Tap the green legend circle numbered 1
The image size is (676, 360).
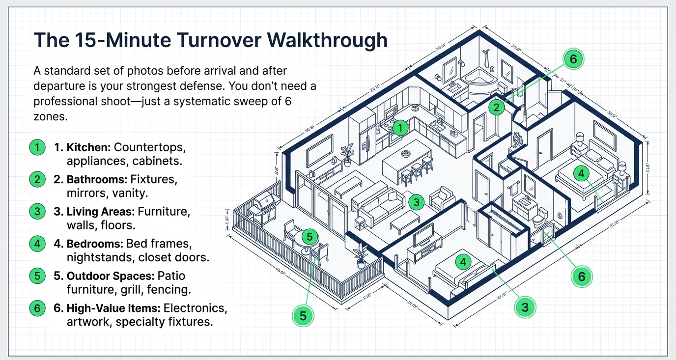click(36, 147)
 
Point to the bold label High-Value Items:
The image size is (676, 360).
click(107, 308)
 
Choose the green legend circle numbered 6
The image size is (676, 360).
click(36, 308)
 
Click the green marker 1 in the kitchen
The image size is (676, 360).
click(401, 128)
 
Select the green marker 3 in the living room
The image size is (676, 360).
click(416, 201)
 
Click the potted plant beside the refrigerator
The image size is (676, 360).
click(348, 153)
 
